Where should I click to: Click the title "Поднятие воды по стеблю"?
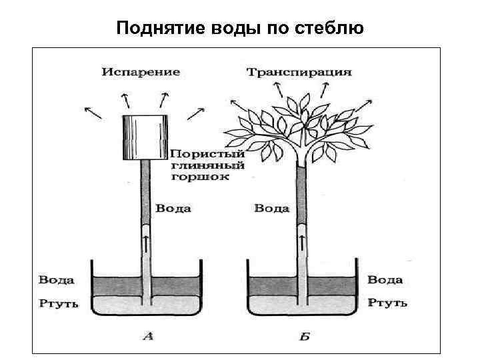(240, 29)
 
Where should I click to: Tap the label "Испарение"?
(141, 71)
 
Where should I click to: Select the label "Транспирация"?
(299, 71)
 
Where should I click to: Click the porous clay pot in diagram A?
(144, 139)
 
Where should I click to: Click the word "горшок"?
(199, 177)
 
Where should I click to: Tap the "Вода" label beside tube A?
(173, 209)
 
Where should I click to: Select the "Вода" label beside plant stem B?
(272, 209)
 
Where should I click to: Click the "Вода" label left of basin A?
(56, 280)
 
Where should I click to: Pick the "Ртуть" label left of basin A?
(58, 303)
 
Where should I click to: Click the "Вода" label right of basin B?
(385, 280)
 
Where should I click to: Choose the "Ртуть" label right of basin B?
(387, 303)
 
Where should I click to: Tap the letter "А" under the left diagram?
(148, 337)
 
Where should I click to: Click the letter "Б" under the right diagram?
(304, 337)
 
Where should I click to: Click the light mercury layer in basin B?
(333, 305)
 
